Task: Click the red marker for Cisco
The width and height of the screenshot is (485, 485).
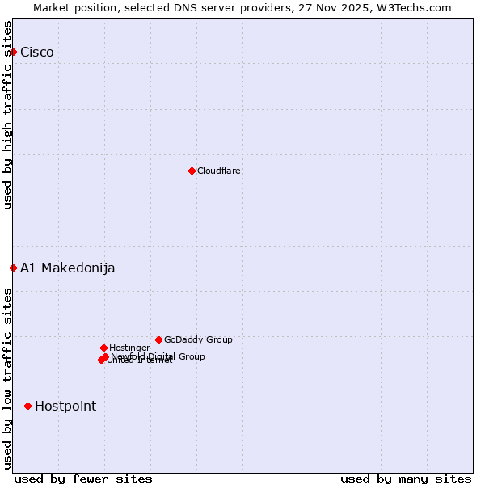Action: [x=13, y=53]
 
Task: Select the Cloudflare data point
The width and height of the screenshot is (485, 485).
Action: [x=192, y=171]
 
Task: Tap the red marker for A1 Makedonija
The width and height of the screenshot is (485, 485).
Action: [x=13, y=268]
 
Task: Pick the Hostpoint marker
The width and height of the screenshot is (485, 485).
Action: [x=27, y=406]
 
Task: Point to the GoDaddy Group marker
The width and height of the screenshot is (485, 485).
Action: [x=158, y=339]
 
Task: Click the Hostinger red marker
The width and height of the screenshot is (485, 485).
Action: [x=103, y=348]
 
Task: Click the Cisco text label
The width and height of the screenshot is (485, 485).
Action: [x=37, y=53]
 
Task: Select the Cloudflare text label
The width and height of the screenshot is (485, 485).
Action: [x=219, y=171]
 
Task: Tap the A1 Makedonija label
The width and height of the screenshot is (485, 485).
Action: [x=68, y=268]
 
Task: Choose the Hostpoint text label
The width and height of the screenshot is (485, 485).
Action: [x=65, y=406]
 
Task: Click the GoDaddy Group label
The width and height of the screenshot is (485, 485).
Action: [x=198, y=339]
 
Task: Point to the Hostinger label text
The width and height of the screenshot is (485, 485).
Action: [x=129, y=348]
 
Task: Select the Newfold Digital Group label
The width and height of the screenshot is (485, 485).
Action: [x=158, y=356]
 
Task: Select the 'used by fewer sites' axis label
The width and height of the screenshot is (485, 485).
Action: [x=83, y=479]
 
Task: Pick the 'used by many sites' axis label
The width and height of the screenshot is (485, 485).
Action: [x=406, y=479]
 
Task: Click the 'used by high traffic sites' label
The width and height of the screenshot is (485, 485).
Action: [x=8, y=115]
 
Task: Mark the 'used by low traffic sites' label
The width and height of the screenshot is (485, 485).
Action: [x=8, y=378]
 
